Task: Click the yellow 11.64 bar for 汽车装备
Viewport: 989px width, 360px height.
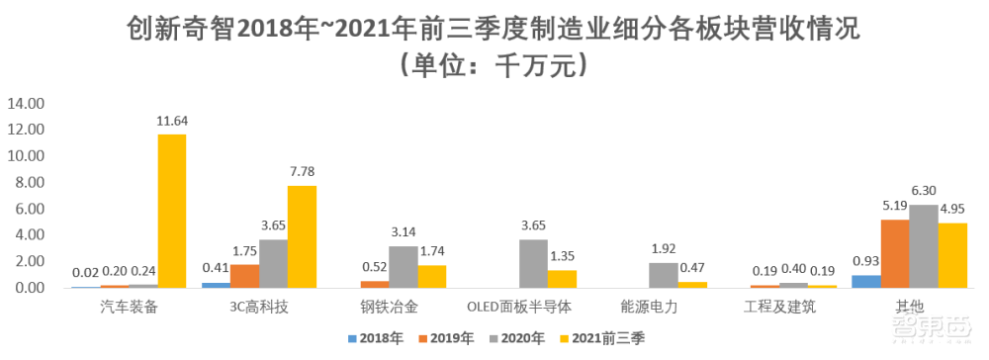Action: click(172, 211)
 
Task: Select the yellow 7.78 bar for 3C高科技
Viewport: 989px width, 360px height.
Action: click(302, 236)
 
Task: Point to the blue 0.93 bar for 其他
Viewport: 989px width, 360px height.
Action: click(866, 281)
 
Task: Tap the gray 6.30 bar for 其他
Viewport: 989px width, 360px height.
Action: click(924, 246)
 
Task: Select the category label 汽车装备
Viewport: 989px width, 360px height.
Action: click(129, 307)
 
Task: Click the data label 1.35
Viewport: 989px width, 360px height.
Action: click(562, 255)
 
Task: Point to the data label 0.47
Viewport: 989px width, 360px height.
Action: click(691, 267)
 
